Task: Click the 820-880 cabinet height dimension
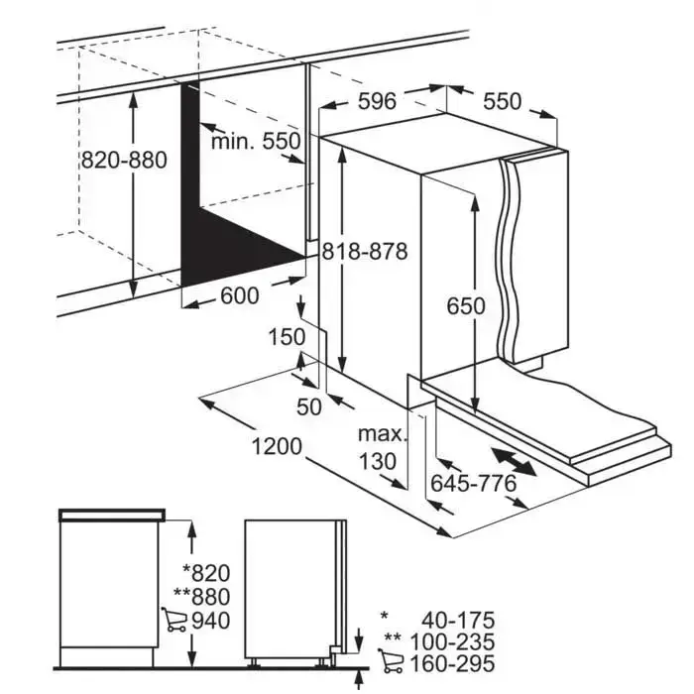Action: pos(124,160)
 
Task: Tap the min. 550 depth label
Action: pos(256,142)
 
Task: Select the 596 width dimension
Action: pos(377,101)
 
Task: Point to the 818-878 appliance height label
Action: pos(364,252)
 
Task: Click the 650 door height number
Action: pos(466,305)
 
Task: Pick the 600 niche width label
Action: pos(240,295)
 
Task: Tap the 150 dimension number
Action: pos(287,337)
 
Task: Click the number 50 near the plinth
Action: pos(309,406)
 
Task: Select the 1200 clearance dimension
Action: pos(277,446)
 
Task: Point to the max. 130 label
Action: pos(382,448)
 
